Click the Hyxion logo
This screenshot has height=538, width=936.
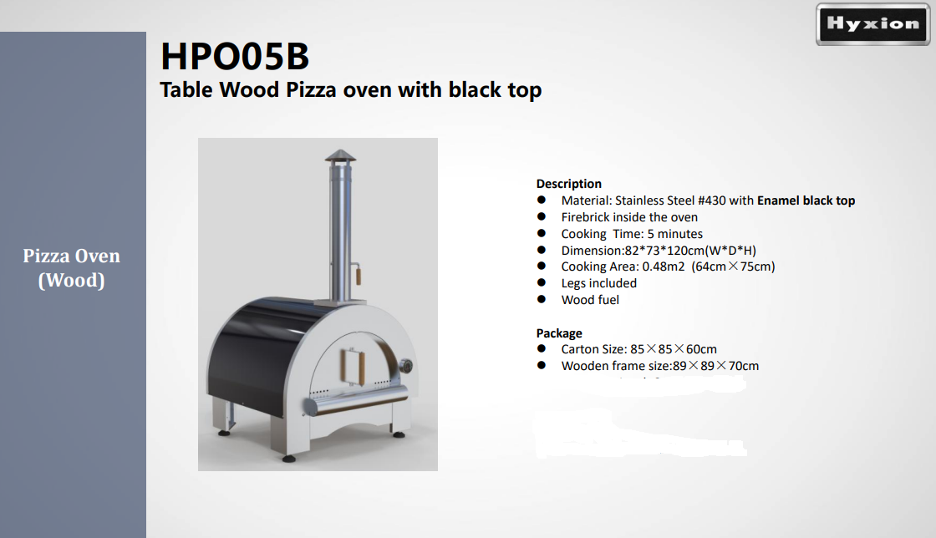pyautogui.click(x=872, y=24)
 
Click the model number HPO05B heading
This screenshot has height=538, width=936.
pyautogui.click(x=235, y=57)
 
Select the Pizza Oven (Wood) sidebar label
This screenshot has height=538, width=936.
pyautogui.click(x=72, y=267)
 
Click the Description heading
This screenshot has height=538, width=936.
pyautogui.click(x=568, y=184)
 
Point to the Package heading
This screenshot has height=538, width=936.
pyautogui.click(x=559, y=333)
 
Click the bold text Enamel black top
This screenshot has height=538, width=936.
pyautogui.click(x=806, y=200)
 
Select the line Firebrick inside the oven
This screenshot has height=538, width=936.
pyautogui.click(x=629, y=217)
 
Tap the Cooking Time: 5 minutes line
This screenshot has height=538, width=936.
pyautogui.click(x=632, y=234)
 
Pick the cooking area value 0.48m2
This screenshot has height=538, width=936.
pyautogui.click(x=664, y=266)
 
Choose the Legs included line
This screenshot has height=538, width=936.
pyautogui.click(x=598, y=283)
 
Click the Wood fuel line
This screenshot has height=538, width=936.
pyautogui.click(x=590, y=300)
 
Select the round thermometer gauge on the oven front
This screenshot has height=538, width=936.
pyautogui.click(x=406, y=368)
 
